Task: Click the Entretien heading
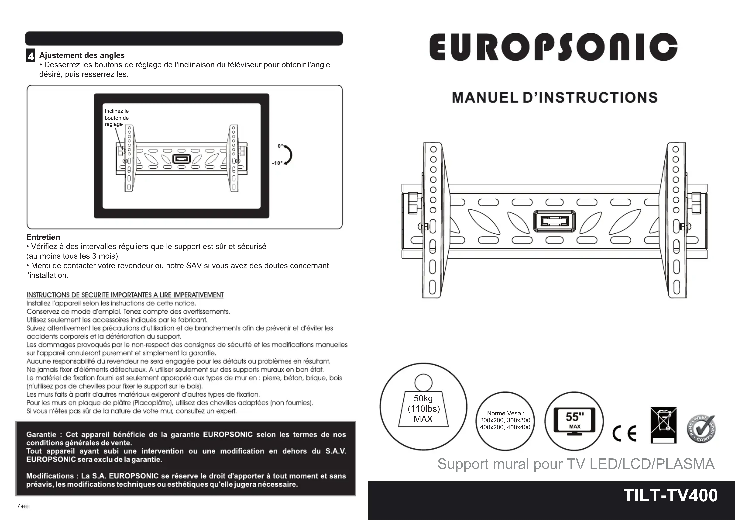[x=43, y=237]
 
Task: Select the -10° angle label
[x=277, y=163]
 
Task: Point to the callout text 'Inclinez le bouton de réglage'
[x=117, y=118]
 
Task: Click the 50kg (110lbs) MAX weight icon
[x=423, y=406]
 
